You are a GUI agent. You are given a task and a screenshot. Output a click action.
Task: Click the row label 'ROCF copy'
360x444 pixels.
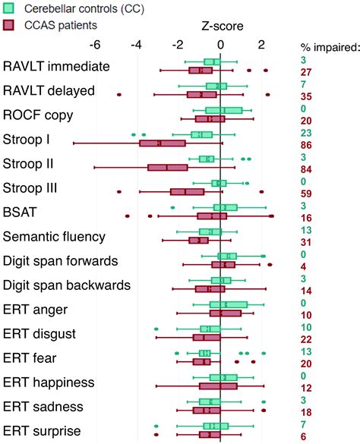pos(37,115)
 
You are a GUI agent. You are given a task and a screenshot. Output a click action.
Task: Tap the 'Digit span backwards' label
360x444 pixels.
pos(68,285)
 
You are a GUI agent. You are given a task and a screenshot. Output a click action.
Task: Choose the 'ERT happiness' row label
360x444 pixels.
pos(49,382)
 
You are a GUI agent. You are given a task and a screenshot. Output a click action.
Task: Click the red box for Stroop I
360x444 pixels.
pos(163,143)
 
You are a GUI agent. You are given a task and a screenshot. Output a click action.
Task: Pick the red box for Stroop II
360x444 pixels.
pos(168,167)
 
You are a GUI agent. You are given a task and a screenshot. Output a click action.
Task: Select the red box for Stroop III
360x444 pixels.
pos(188,191)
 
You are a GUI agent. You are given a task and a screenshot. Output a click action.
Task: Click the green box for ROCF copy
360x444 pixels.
pos(223,111)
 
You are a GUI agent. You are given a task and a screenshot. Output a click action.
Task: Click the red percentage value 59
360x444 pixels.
pos(308,194)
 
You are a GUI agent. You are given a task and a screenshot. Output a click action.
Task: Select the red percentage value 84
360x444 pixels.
pos(308,168)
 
